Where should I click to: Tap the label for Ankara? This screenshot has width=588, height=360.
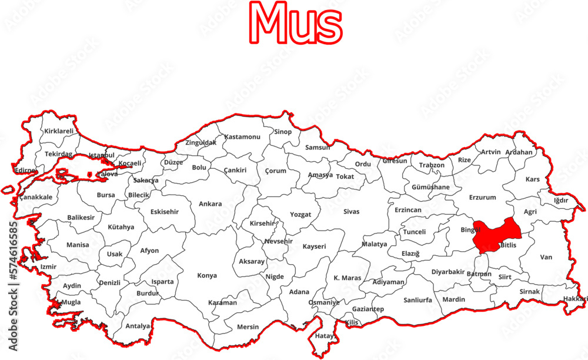point(210,204)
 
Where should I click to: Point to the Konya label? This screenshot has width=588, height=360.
point(207,275)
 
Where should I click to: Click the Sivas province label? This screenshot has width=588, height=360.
point(352,211)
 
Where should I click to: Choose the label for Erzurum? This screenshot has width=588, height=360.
point(482,198)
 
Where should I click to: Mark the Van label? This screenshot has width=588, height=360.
point(546,257)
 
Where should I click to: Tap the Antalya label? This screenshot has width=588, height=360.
point(138,326)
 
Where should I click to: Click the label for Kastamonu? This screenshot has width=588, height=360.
point(242,136)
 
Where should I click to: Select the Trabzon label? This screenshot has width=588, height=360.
point(432,165)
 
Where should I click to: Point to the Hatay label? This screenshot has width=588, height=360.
point(325,336)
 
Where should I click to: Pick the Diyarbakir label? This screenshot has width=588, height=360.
point(448,272)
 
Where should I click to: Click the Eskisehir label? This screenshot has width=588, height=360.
point(165,212)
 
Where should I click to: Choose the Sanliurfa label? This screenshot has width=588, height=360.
point(417,300)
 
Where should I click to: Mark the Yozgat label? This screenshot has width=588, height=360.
point(300,215)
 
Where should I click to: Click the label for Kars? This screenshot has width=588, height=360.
point(533,179)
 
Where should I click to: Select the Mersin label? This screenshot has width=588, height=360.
point(248,327)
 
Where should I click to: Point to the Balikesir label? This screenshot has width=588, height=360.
point(81,217)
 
